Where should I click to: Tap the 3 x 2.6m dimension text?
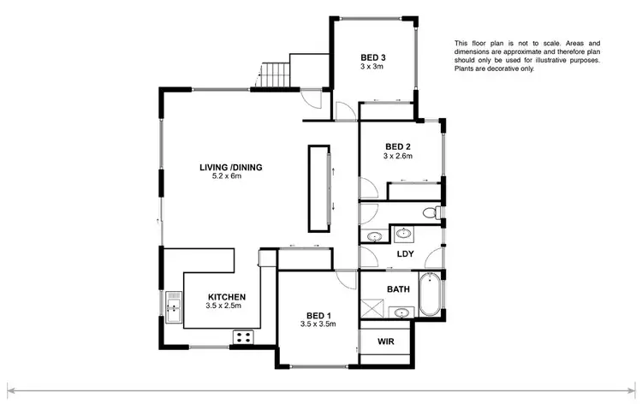click(x=398, y=157)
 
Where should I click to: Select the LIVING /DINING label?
click(x=230, y=167)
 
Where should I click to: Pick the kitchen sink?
click(x=174, y=306)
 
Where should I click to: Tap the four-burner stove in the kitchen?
click(x=242, y=337)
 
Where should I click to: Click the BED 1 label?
click(x=318, y=314)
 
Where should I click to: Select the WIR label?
click(x=386, y=341)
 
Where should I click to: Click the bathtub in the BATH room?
click(x=430, y=294)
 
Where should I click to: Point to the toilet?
click(x=437, y=212)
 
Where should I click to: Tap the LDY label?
click(x=406, y=254)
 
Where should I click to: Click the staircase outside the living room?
click(x=273, y=74)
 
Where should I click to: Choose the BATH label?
click(x=398, y=289)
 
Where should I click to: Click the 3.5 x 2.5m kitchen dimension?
click(x=224, y=306)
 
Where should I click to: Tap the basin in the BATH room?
click(x=375, y=236)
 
